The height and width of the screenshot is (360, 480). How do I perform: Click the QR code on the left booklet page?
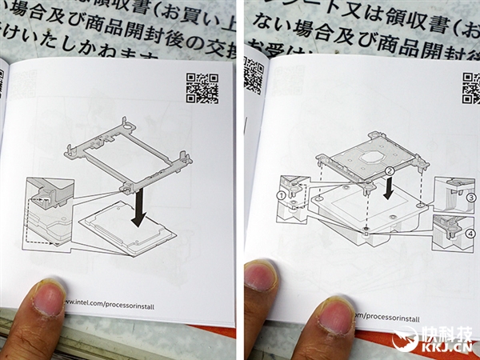tap(202, 88)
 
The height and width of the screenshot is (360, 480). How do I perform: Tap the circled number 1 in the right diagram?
tap(282, 194)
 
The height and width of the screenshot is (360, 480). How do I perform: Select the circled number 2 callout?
tap(389, 171)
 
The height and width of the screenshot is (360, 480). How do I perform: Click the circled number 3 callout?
tap(471, 195)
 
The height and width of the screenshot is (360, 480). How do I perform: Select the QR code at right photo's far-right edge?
tap(471, 87)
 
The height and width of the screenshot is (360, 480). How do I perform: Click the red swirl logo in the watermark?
tap(407, 340)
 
